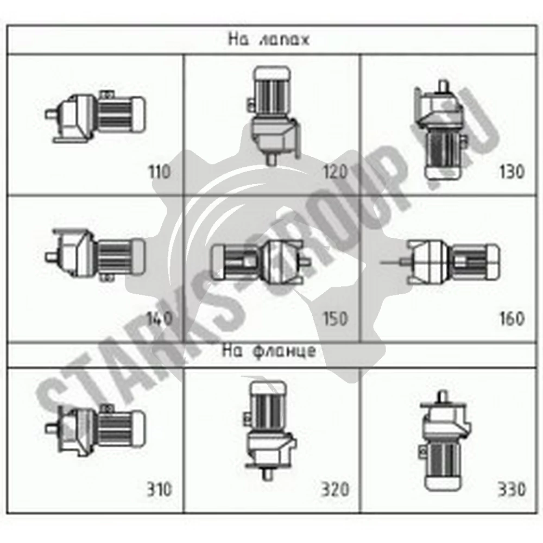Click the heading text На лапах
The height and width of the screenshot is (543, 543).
coord(268,39)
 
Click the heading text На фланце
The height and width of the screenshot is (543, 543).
coord(269,351)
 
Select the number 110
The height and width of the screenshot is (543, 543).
coord(160,172)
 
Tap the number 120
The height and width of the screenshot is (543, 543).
coord(335,172)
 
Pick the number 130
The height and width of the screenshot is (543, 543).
coord(512,172)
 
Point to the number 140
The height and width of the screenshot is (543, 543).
coord(160,319)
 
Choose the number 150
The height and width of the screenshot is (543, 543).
coord(335,319)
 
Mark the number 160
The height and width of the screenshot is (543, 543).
coord(512,319)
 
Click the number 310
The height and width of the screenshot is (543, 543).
coord(160,490)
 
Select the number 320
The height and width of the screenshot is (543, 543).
coord(335,490)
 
